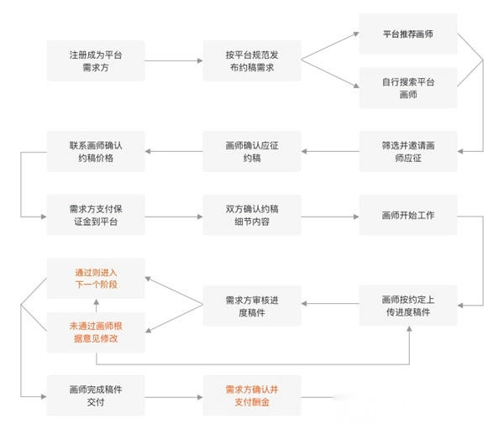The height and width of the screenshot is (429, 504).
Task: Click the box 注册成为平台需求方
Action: click(x=96, y=60)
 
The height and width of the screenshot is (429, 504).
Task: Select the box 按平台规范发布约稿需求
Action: click(x=252, y=60)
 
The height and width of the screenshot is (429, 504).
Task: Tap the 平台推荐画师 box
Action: click(x=408, y=34)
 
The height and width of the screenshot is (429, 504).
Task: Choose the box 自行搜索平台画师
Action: click(x=408, y=88)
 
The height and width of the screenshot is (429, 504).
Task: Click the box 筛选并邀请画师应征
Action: click(x=408, y=152)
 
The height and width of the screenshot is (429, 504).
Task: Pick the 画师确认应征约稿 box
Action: click(x=252, y=152)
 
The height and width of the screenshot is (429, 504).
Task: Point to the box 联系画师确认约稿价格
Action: click(x=96, y=152)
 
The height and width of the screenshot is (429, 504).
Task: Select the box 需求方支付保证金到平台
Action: click(x=96, y=216)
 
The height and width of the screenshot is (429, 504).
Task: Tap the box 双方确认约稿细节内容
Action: click(x=252, y=216)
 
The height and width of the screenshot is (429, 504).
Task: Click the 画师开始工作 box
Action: click(x=408, y=216)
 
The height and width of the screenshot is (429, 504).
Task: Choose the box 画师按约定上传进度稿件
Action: click(x=408, y=306)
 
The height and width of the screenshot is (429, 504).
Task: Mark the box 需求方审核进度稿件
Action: click(x=252, y=306)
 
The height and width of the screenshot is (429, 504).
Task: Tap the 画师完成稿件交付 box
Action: click(x=96, y=395)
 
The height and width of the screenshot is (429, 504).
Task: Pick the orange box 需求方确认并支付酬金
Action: click(x=252, y=395)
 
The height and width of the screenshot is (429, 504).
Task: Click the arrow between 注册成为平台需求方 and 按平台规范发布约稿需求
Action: click(x=174, y=60)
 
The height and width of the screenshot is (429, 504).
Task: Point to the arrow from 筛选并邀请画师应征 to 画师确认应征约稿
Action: click(x=330, y=152)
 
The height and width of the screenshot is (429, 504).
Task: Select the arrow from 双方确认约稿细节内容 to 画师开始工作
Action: click(x=330, y=216)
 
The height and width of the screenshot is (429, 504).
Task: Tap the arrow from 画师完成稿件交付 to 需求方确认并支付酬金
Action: click(x=174, y=395)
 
